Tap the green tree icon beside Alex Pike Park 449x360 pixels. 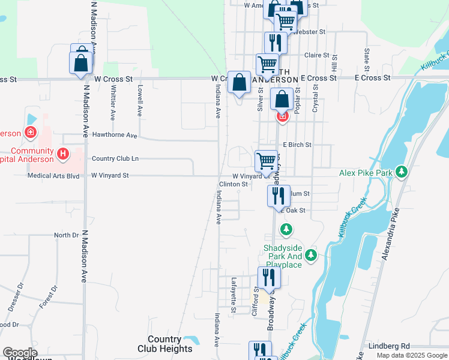(x=402, y=173)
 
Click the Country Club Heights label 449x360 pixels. (x=165, y=344)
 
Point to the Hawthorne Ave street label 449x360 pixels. (x=115, y=135)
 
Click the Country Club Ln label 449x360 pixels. (x=115, y=158)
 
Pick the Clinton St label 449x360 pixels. (x=234, y=184)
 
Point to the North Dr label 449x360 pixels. (x=66, y=235)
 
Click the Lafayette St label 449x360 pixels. (x=234, y=295)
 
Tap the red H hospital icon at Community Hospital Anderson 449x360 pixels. (x=62, y=154)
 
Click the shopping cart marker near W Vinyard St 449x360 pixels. (x=266, y=161)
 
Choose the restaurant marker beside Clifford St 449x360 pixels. (x=269, y=277)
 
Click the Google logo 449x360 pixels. (x=19, y=353)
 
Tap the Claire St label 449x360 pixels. (x=314, y=55)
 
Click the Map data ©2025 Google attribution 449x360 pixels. (x=411, y=355)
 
